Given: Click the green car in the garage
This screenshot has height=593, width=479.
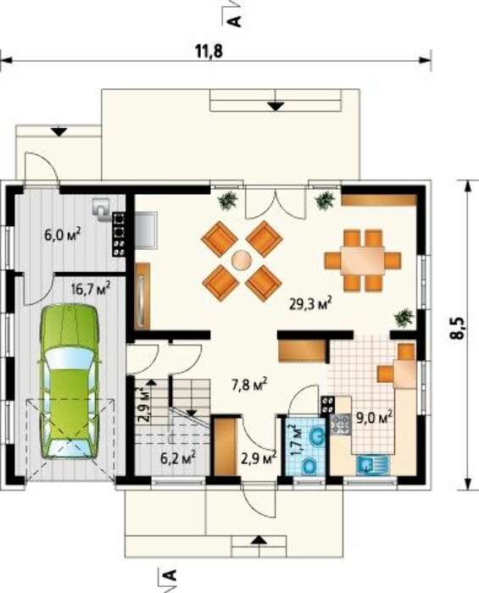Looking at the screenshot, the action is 70,381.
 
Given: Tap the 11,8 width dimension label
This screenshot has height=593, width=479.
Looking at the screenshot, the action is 209,51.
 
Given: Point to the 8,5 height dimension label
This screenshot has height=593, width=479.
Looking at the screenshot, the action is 459,329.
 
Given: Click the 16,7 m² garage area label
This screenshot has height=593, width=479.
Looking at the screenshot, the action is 91,290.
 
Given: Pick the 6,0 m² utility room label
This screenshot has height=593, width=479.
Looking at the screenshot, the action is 63,235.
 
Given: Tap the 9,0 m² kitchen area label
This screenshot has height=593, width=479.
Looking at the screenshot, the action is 374,418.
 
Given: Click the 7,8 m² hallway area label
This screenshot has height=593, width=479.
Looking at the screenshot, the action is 249,385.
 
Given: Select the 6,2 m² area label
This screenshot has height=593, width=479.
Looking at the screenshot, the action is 178,458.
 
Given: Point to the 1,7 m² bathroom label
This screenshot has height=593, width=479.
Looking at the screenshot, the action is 298,440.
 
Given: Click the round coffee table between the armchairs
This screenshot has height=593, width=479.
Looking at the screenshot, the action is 242,261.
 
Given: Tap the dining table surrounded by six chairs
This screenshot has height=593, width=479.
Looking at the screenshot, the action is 363,261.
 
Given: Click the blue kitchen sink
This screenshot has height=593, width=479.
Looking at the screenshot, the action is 372,465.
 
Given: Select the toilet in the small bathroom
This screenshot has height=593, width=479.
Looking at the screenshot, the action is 309,466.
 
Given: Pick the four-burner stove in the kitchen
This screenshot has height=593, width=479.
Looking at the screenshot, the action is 342,424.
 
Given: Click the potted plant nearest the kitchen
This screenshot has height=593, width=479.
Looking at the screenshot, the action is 404,317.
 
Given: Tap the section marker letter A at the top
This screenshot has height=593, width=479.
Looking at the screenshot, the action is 236,21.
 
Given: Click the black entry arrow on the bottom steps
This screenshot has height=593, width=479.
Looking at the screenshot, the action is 259,540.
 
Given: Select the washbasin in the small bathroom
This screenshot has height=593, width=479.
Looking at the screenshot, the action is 315,437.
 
